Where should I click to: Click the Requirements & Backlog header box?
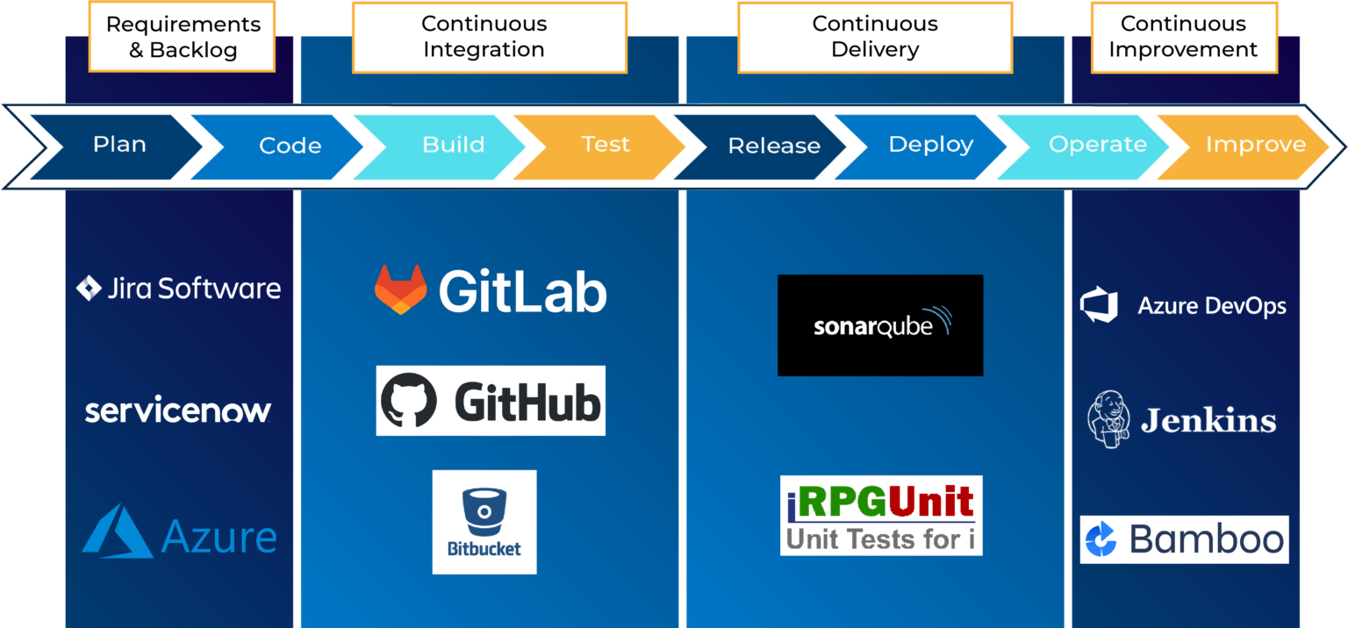[x=183, y=37]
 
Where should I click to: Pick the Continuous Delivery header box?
[x=874, y=37]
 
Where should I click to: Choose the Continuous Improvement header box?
[x=1183, y=37]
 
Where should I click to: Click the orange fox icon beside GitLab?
[x=400, y=289]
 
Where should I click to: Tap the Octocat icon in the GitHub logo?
[x=408, y=402]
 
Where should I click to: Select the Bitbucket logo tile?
[x=484, y=522]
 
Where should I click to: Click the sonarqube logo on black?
[x=880, y=325]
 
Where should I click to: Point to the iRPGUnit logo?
[x=881, y=516]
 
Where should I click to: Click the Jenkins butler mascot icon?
[x=1107, y=420]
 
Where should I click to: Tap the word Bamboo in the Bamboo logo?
[x=1207, y=539]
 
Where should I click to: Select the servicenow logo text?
[x=178, y=410]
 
